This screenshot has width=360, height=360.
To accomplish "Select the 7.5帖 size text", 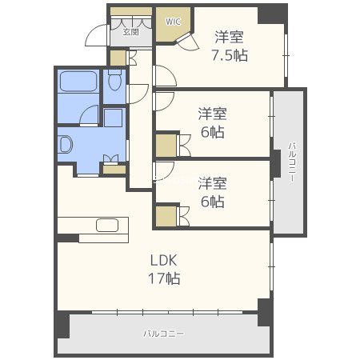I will click(228, 55).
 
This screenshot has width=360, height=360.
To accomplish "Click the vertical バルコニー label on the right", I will click(291, 162).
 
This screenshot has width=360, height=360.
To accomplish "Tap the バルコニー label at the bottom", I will click(164, 332).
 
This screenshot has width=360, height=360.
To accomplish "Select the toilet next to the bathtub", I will click(114, 82).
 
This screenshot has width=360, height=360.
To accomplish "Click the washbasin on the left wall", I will click(66, 145).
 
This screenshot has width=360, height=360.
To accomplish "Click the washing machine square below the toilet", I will click(113, 118).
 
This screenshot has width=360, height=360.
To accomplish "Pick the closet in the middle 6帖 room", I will click(166, 145).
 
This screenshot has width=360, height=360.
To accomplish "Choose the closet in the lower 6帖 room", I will click(166, 216).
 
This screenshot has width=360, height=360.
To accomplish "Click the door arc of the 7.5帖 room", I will click(164, 77).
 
